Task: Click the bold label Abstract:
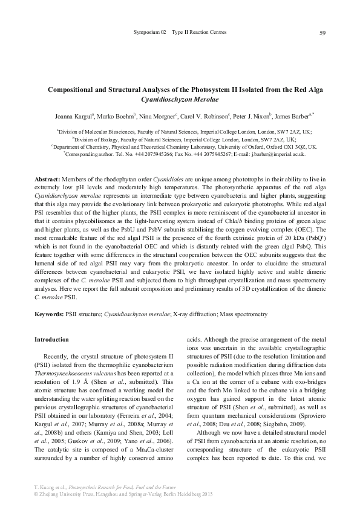pos(47,181)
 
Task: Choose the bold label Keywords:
pos(49,315)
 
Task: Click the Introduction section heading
pos(51,340)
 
